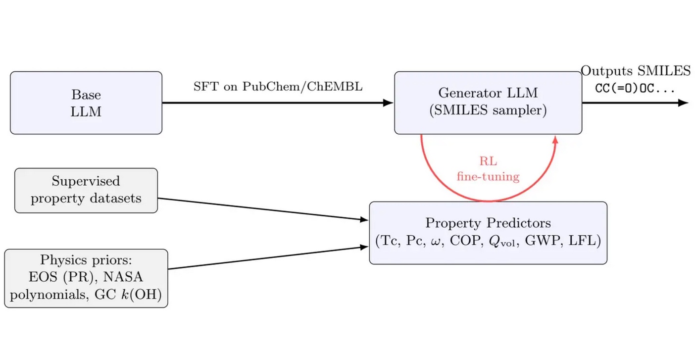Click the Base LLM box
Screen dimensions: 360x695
click(x=86, y=103)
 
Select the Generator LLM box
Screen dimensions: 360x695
click(x=488, y=102)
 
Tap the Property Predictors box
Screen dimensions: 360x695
click(x=488, y=232)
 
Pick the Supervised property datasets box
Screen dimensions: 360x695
click(x=86, y=190)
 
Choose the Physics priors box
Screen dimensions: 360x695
click(x=86, y=278)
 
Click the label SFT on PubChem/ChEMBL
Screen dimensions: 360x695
click(x=278, y=86)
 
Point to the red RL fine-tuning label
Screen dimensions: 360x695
click(x=488, y=169)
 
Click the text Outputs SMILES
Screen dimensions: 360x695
click(x=636, y=71)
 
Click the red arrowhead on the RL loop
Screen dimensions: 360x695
click(x=555, y=140)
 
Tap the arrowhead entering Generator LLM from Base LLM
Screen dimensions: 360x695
click(x=389, y=103)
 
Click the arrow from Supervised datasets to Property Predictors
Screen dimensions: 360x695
click(x=262, y=209)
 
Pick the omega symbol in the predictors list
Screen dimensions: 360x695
click(x=437, y=242)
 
